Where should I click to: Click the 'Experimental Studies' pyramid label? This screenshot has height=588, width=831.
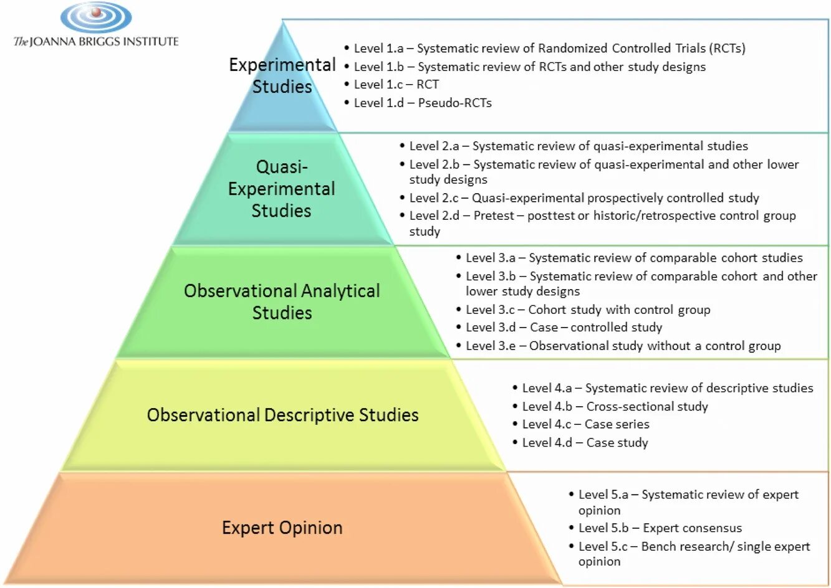coord(282,75)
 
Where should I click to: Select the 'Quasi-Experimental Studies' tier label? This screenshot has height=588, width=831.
coord(282,189)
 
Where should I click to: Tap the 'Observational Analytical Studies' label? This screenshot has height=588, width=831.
coord(282,301)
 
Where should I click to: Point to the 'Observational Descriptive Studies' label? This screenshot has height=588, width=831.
coord(282,415)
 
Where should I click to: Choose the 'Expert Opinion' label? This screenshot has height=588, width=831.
coord(282,528)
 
